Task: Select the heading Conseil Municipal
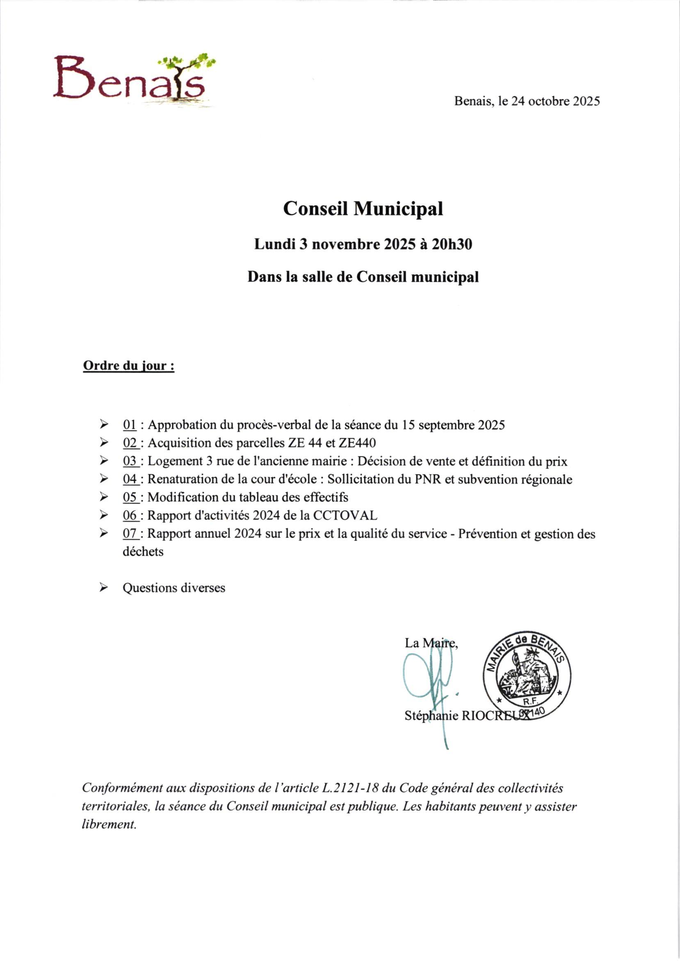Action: tap(363, 209)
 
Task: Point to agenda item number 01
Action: tap(130, 425)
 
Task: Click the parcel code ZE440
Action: tap(359, 443)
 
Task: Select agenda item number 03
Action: tap(130, 461)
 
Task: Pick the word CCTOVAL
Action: tap(345, 515)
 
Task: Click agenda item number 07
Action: tap(130, 534)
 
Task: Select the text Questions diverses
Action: tap(173, 588)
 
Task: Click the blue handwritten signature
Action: tap(429, 686)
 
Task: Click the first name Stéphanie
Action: tap(431, 716)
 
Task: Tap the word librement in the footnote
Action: tap(109, 825)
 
